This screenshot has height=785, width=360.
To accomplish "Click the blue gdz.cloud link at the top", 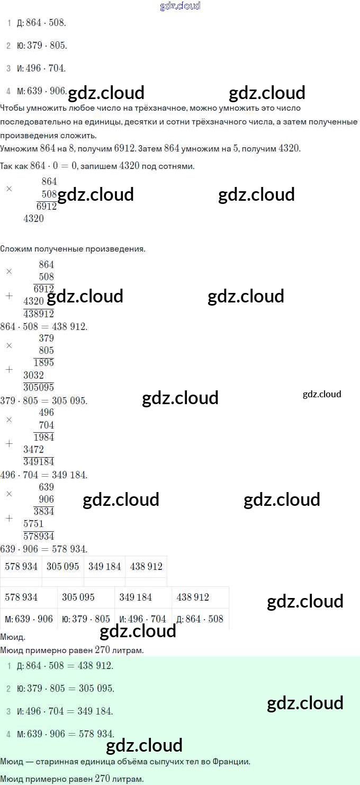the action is (x=180, y=6).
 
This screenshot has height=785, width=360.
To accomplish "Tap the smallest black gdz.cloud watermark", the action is (x=322, y=394).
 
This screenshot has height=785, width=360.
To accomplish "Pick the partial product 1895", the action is (x=44, y=363).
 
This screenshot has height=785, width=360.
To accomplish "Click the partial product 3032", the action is (x=34, y=375).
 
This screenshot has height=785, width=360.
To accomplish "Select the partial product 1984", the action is (x=44, y=437).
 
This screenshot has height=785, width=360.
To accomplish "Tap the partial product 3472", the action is (x=34, y=449).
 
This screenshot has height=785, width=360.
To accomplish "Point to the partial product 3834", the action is (x=44, y=511).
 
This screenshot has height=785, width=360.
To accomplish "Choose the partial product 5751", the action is (x=34, y=523).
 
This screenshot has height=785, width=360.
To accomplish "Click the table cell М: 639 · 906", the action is (x=29, y=619).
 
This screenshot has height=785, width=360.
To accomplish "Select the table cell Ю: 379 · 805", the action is (x=86, y=619).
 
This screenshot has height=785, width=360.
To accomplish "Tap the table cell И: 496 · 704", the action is (x=143, y=619).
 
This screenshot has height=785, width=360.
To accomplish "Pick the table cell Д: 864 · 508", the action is (x=200, y=619).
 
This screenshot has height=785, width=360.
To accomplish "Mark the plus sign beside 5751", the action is (x=9, y=518).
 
